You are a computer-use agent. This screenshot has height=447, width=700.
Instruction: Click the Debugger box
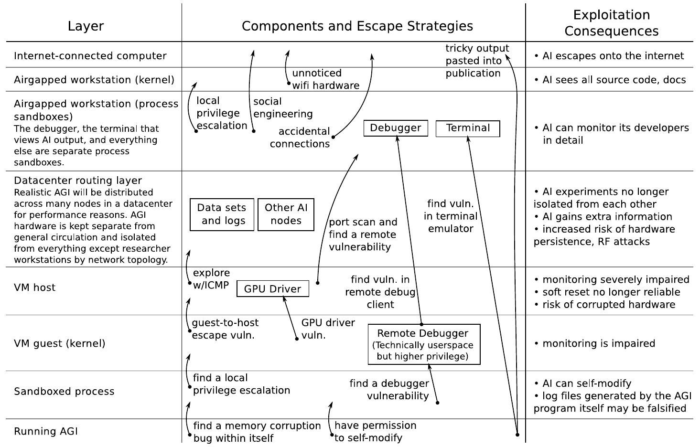click(396, 128)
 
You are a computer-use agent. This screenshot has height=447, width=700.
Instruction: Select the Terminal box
click(468, 128)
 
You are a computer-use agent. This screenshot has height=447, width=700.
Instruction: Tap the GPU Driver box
click(272, 289)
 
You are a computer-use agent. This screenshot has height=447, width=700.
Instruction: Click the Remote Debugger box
click(424, 344)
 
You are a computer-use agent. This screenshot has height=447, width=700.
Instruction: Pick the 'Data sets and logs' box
click(222, 214)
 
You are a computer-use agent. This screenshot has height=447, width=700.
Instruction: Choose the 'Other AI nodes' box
click(286, 214)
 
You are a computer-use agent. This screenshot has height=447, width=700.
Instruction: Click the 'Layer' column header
click(86, 26)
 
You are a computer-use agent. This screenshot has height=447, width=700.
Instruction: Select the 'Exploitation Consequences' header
click(611, 23)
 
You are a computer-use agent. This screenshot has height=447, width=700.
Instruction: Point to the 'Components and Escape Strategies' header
click(357, 26)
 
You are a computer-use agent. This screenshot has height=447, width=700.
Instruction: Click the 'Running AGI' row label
click(45, 432)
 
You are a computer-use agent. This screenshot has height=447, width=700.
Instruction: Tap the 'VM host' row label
click(34, 288)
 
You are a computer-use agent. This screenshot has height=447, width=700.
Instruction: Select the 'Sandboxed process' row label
click(64, 392)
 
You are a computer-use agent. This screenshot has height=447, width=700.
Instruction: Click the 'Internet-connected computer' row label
click(90, 56)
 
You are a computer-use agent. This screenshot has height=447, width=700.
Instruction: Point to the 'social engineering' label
click(282, 107)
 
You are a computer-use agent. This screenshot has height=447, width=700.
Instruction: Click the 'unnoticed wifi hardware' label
click(325, 79)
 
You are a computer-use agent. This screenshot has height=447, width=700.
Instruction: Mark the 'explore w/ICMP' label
click(211, 279)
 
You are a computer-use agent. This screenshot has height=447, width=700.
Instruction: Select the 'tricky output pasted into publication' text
click(476, 61)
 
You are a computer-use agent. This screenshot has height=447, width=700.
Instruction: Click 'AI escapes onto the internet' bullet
click(613, 56)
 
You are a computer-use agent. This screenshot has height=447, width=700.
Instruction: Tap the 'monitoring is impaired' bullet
click(598, 343)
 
